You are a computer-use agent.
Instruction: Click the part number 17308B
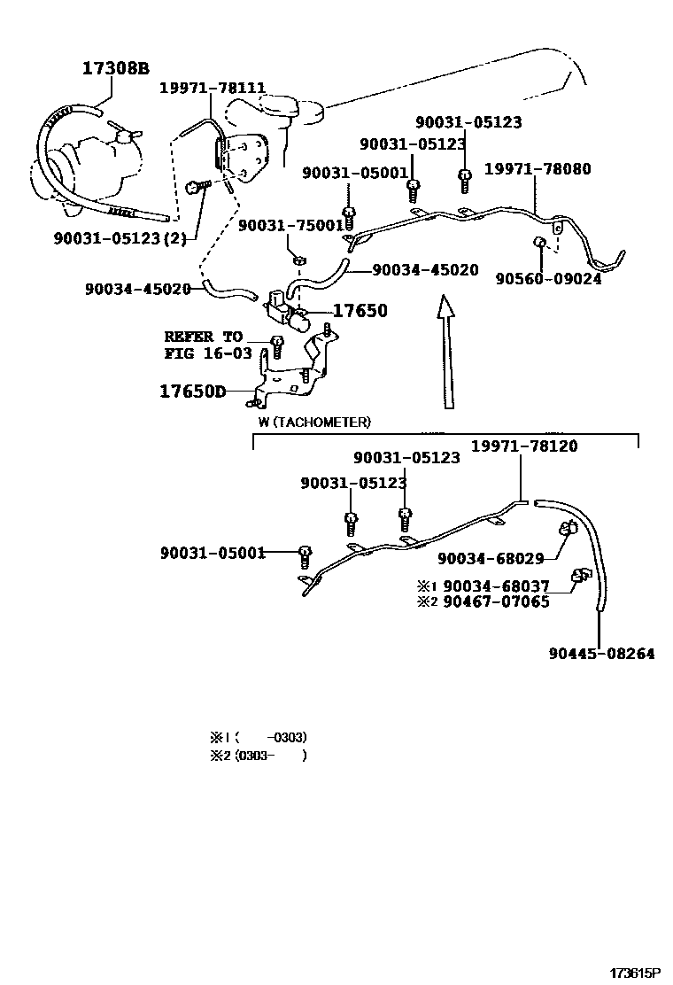pos(115,68)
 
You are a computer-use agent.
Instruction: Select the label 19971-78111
pos(213,88)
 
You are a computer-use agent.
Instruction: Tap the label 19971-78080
pos(538,168)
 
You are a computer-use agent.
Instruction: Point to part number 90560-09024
pos(549,278)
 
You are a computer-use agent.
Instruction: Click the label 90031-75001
pos(291,225)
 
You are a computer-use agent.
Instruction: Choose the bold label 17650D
pos(192,392)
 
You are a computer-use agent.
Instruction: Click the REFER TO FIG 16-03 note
pos(208,345)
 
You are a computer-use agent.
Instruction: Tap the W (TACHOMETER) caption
pos(314,423)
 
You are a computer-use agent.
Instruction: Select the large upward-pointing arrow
pos(446,352)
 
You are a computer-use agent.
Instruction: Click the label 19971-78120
pos(524,446)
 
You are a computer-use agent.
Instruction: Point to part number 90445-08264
pos(601,654)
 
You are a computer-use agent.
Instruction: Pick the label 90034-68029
pos(491,558)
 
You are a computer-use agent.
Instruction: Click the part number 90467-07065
pos(496,601)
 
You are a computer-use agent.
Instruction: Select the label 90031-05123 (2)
pos(120,238)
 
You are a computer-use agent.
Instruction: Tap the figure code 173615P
pos(637,973)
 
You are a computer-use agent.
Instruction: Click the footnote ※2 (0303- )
pos(259,755)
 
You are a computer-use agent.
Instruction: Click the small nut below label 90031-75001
pos(299,260)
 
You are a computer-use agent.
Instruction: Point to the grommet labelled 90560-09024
pos(538,242)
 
